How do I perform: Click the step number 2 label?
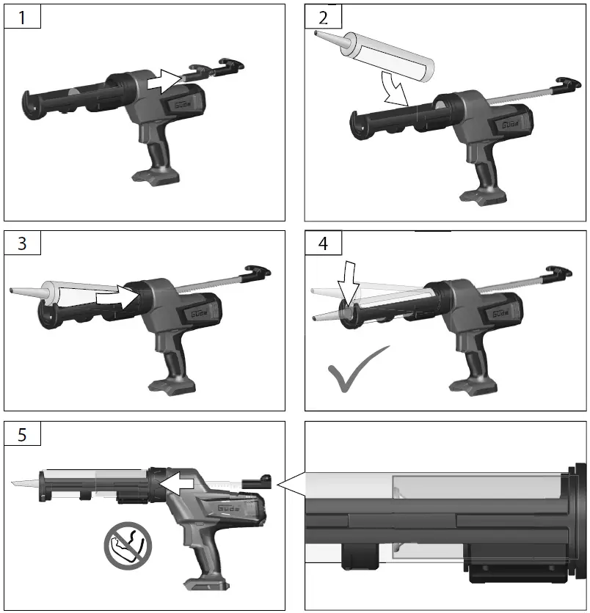pos(324,17)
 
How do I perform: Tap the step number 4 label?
pos(324,243)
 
